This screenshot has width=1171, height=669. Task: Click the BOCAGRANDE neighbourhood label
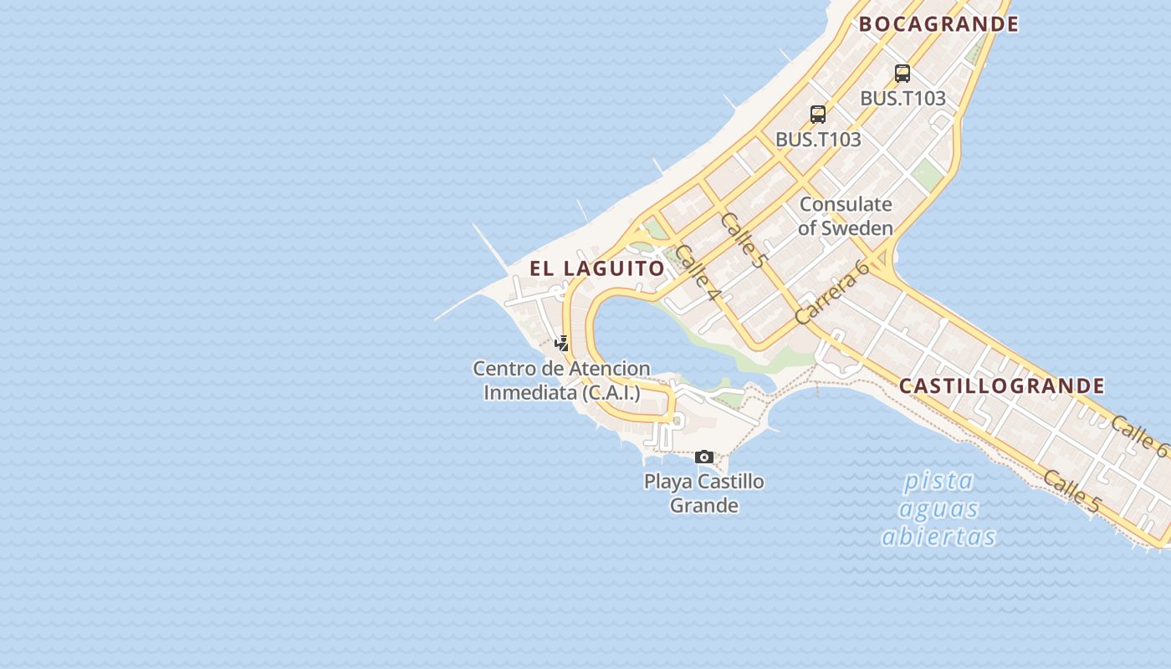[x=938, y=24]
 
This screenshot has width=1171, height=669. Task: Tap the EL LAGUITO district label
[x=597, y=268]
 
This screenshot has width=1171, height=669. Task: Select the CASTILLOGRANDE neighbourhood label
[x=1001, y=386]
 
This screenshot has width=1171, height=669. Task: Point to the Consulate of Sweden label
[x=846, y=216]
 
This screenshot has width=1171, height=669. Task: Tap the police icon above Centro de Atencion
[x=562, y=343]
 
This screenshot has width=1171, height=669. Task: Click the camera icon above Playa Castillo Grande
[x=704, y=457]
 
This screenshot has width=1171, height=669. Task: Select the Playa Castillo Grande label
[x=703, y=493]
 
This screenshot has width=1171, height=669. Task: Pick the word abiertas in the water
[x=938, y=536]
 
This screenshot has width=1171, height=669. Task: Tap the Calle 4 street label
[x=697, y=273]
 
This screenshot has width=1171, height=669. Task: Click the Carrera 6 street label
[x=832, y=292]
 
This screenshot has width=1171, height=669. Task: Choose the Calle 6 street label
[x=1139, y=436]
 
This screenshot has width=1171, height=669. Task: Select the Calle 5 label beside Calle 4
[x=742, y=241]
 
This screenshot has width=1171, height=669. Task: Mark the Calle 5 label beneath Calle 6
[x=1071, y=491]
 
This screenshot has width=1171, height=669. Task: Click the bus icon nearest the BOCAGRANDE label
[x=902, y=74]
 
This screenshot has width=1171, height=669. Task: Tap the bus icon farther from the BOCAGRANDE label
[x=818, y=115]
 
